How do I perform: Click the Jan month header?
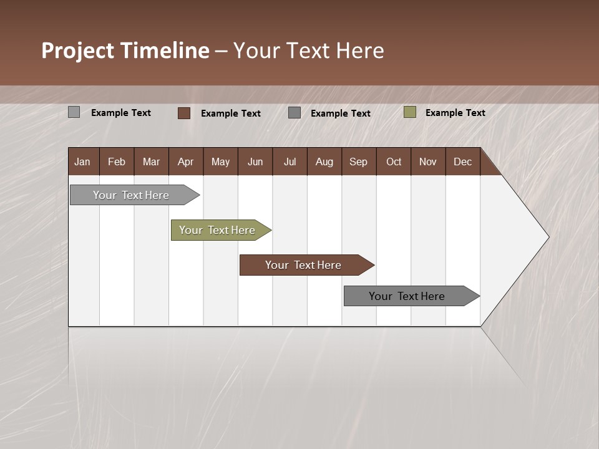pyautogui.click(x=83, y=162)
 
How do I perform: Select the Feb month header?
pyautogui.click(x=117, y=162)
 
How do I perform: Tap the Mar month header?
pyautogui.click(x=151, y=162)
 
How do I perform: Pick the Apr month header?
pyautogui.click(x=186, y=162)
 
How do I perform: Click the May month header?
pyautogui.click(x=220, y=162)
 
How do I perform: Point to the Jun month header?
pyautogui.click(x=255, y=162)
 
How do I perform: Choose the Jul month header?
pyautogui.click(x=290, y=162)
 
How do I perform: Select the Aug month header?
pyautogui.click(x=324, y=162)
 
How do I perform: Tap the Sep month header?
pyautogui.click(x=359, y=162)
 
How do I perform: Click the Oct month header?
pyautogui.click(x=394, y=162)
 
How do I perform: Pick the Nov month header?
pyautogui.click(x=428, y=162)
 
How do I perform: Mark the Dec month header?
pyautogui.click(x=463, y=162)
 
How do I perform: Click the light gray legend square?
pyautogui.click(x=74, y=112)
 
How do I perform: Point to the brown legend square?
pyautogui.click(x=184, y=113)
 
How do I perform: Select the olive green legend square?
pyautogui.click(x=410, y=112)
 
